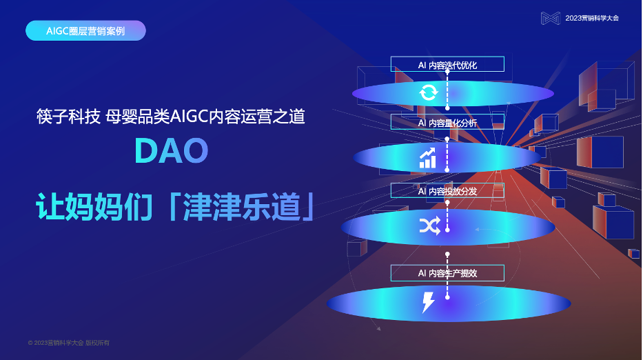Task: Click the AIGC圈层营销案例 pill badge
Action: pos(85,31)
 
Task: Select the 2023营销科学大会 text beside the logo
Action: pos(592,18)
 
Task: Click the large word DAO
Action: pos(171,151)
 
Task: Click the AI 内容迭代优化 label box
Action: pos(447,65)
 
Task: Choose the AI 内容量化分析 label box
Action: pos(447,123)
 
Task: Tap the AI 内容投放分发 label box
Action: pos(447,191)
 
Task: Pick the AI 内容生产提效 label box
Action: pos(447,273)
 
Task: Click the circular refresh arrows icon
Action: pos(428,92)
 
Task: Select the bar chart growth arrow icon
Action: pos(428,158)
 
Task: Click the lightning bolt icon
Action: pos(428,302)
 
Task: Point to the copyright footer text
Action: pos(69,343)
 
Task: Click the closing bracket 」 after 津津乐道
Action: pos(309,207)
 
